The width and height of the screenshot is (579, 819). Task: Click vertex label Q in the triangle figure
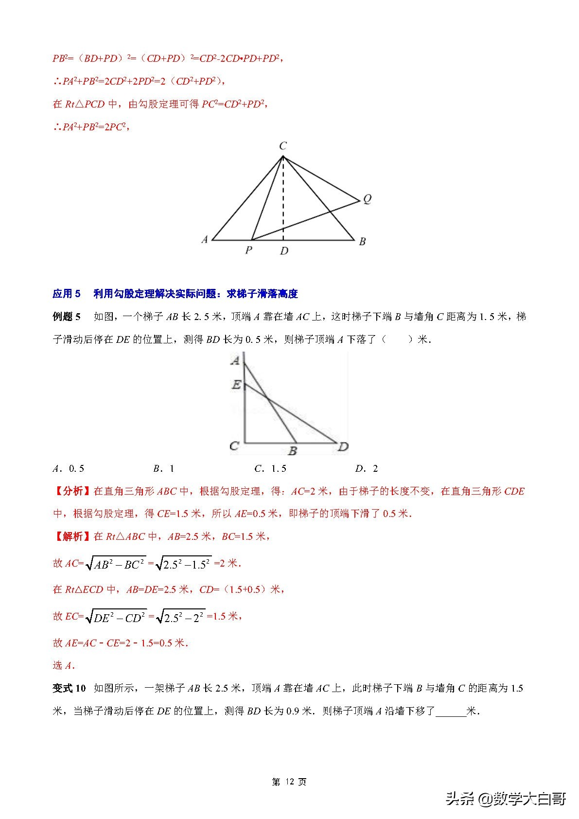point(367,199)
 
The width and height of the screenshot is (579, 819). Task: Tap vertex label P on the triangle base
point(248,250)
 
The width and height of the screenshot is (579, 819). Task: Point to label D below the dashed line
point(284,251)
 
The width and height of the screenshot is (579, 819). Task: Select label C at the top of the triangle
point(283,145)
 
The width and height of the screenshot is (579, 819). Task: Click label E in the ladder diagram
point(236,385)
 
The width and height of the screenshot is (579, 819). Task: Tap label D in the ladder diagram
point(343,446)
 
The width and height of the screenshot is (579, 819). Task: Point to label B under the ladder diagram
point(292,451)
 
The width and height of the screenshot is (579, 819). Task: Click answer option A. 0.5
point(69,468)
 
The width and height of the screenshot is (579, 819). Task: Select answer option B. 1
point(164,468)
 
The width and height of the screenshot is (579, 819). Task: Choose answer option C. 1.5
point(270,468)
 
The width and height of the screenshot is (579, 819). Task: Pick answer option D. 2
point(367,468)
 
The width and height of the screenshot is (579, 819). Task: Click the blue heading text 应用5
point(67,294)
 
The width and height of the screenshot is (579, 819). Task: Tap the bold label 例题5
point(67,317)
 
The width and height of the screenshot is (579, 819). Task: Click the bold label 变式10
point(69,688)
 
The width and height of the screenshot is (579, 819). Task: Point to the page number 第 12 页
point(289,782)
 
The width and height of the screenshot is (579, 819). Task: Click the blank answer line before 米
point(451,712)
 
